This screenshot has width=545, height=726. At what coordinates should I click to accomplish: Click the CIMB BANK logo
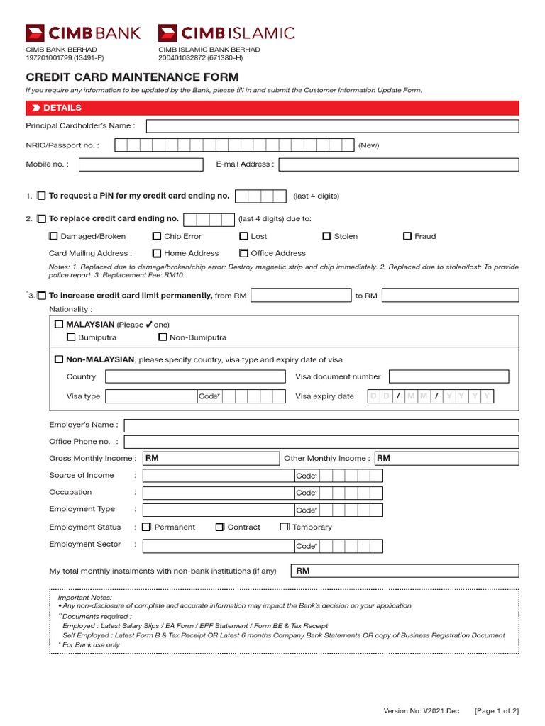coord(83,33)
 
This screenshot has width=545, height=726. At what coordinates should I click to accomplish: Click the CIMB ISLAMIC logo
coord(226,33)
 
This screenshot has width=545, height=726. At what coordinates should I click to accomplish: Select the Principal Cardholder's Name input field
coord(332,126)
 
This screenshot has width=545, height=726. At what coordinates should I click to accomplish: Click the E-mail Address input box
coord(398,164)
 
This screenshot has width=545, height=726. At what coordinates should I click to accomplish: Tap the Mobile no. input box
coord(141,164)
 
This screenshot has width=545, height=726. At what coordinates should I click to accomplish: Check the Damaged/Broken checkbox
coord(53,236)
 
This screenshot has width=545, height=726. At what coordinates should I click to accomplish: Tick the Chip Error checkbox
coord(157,236)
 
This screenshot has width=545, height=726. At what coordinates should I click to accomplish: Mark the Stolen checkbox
coord(327,236)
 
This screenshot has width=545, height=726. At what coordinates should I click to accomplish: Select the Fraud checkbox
coord(407,236)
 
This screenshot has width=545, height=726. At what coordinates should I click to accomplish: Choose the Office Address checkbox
coord(244,253)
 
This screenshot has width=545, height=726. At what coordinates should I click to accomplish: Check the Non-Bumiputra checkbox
coord(163,337)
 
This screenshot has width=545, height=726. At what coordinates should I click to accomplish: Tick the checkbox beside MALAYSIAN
coord(59,324)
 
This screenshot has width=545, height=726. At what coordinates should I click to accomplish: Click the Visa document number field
coord(448,376)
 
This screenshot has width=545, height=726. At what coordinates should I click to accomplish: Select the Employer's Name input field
coord(321,425)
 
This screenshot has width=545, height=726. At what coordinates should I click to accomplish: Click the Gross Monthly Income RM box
coord(210,459)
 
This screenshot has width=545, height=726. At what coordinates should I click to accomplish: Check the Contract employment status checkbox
coord(220,527)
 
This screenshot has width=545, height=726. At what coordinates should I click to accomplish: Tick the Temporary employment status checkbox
coord(285,527)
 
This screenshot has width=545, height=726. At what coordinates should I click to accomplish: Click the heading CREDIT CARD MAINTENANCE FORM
coord(133,77)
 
